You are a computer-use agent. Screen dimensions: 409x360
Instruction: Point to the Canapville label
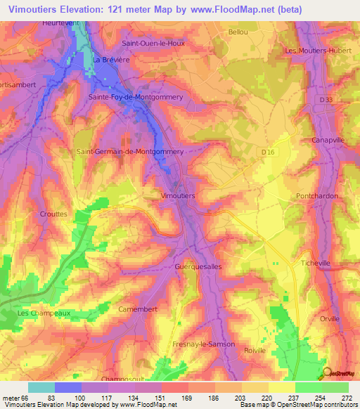pyautogui.click(x=328, y=141)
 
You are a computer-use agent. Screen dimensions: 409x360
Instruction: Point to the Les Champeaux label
pyautogui.click(x=44, y=313)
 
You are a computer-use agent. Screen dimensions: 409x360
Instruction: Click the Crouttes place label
pyautogui.click(x=54, y=213)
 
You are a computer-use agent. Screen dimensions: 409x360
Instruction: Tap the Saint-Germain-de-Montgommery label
pyautogui.click(x=130, y=151)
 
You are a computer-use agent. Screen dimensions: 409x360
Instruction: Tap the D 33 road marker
pyautogui.click(x=325, y=100)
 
